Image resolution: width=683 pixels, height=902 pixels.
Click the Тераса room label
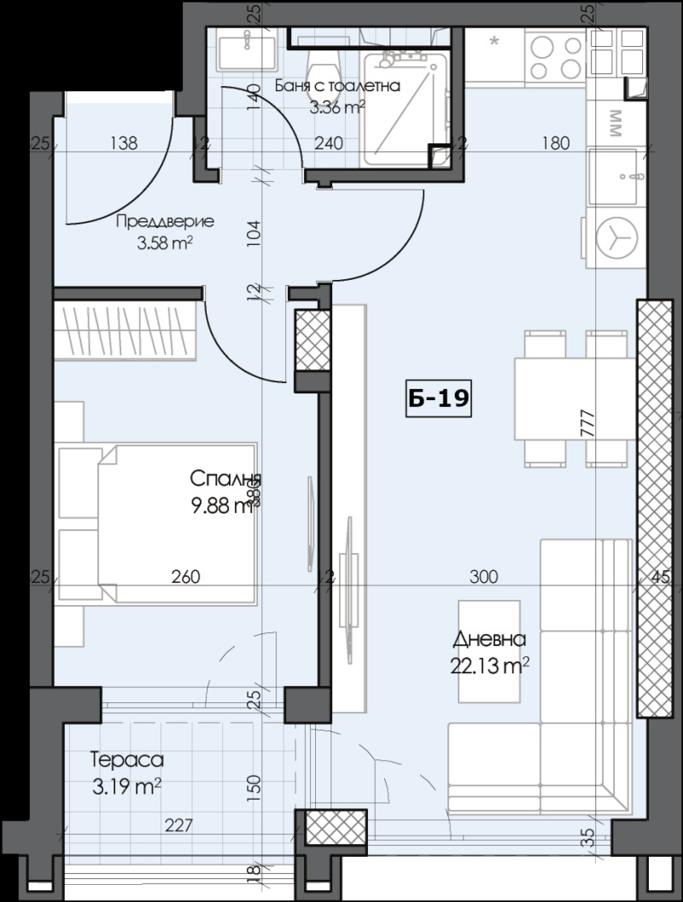[x=126, y=759]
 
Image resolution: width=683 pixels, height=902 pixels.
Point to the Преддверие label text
[x=164, y=221]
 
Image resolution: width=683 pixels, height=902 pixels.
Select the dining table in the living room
[x=574, y=399]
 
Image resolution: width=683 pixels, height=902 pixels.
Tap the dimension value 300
[x=483, y=577]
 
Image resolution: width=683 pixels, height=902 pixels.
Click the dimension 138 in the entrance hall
[x=124, y=143]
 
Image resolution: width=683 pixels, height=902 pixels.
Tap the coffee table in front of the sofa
[x=489, y=653]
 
